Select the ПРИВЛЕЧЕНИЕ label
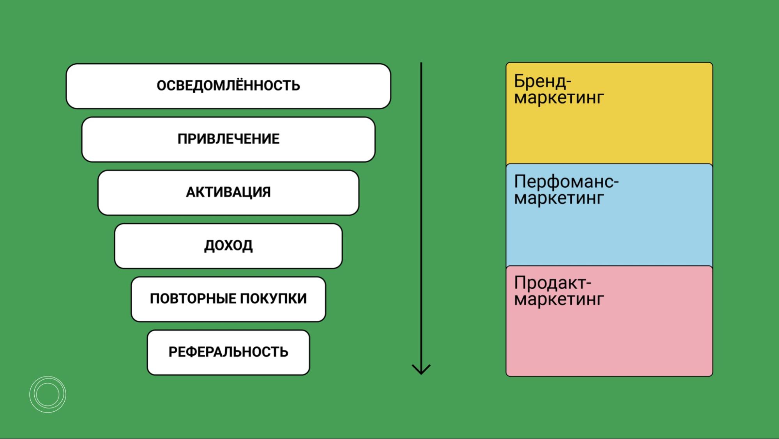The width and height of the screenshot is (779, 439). (x=228, y=139)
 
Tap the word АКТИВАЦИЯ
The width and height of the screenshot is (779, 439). (x=228, y=192)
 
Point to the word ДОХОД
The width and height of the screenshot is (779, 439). (x=228, y=245)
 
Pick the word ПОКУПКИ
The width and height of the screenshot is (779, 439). (x=273, y=299)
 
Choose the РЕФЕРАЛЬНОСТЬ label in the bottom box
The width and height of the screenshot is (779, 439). (x=228, y=352)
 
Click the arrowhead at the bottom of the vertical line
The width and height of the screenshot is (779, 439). (x=421, y=369)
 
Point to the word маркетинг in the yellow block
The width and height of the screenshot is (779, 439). (x=559, y=98)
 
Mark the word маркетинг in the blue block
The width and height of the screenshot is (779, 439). (x=559, y=198)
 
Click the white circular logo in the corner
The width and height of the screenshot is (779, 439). (x=48, y=394)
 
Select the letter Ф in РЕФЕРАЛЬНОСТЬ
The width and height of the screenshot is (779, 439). (x=201, y=352)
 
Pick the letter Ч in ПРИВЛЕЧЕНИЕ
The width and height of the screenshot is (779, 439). (x=240, y=139)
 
